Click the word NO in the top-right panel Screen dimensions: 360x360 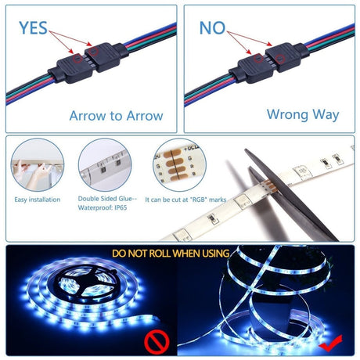point(212,28)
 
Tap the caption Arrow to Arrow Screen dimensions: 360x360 point(116,116)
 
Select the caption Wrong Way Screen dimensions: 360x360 point(302,114)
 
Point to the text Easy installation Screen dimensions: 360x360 point(37,200)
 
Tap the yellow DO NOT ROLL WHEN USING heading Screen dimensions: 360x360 point(171,254)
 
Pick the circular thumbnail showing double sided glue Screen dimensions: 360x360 point(104,165)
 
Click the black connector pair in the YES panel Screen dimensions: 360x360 point(86,62)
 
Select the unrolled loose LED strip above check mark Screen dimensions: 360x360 point(282,297)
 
